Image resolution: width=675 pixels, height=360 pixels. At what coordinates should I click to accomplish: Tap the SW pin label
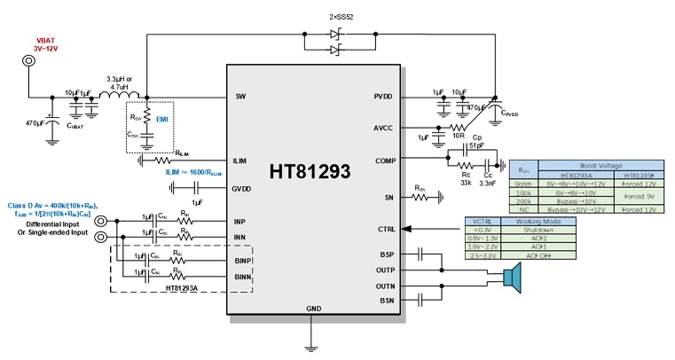(240, 96)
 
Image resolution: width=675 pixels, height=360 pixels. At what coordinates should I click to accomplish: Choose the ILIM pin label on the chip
(240, 160)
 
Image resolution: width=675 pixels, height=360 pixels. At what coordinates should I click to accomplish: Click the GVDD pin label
(242, 188)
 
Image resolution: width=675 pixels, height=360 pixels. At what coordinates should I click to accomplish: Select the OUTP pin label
(385, 270)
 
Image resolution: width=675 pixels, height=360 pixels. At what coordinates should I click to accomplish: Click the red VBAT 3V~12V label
(48, 44)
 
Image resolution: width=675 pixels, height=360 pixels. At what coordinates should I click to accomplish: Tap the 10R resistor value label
(459, 137)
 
